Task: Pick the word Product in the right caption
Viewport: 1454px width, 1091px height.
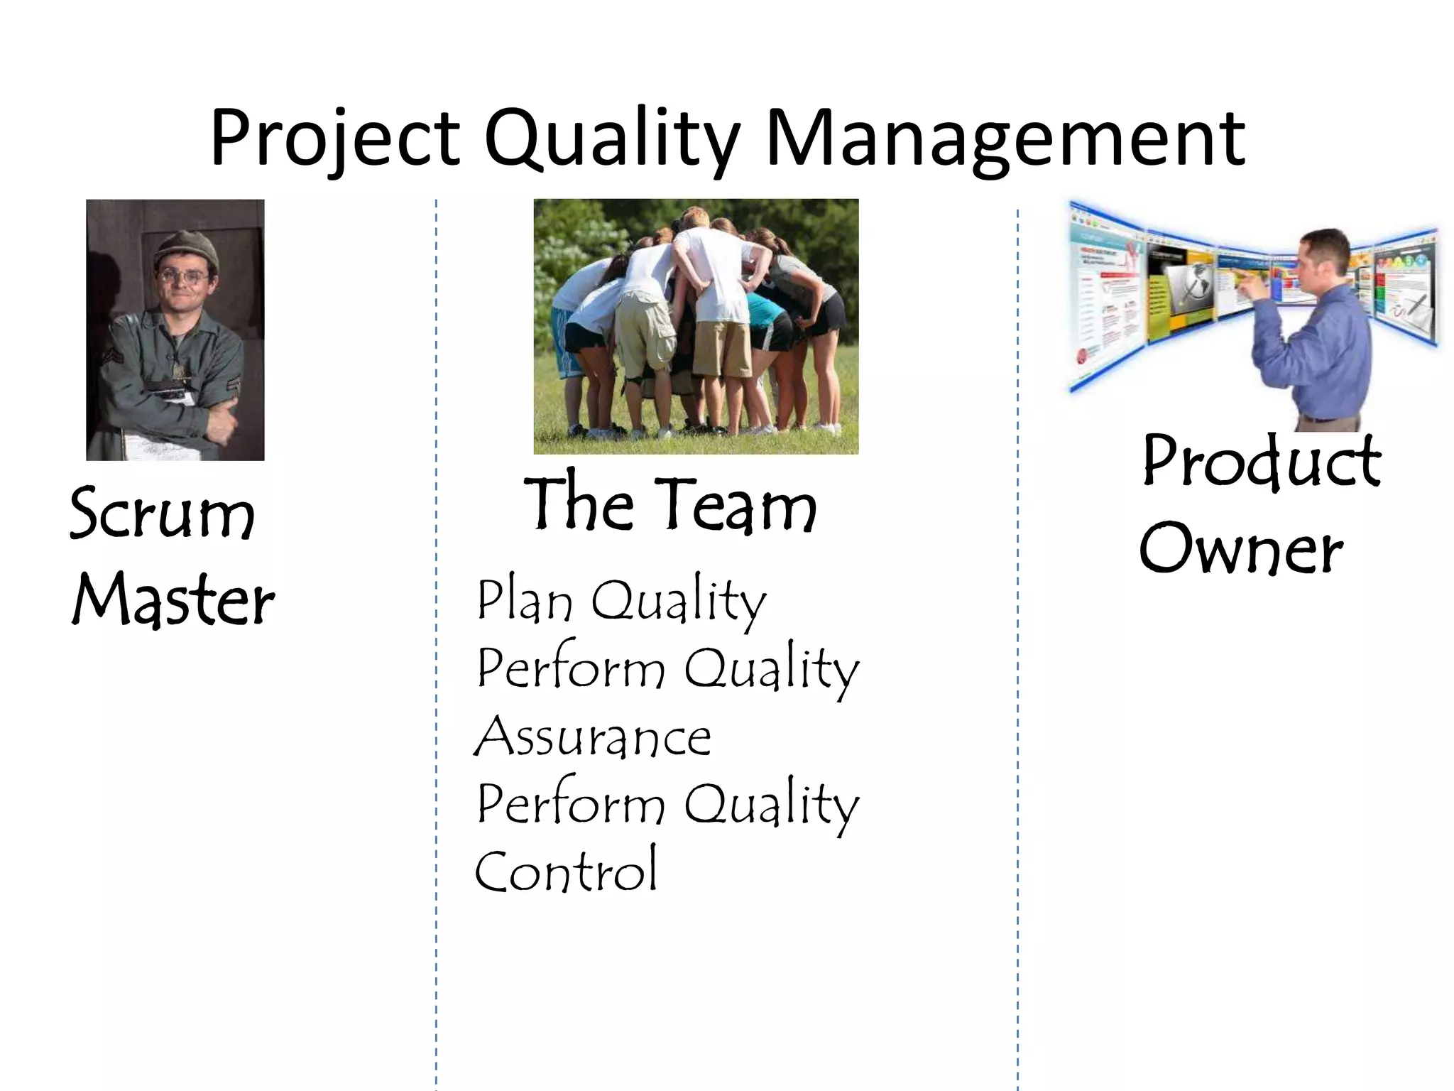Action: point(1262,462)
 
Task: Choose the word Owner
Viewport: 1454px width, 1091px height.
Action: point(1241,548)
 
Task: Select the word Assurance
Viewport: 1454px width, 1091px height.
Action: point(593,737)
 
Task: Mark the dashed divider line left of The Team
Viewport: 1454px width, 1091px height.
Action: point(436,639)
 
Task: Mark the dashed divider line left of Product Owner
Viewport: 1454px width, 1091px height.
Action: point(1017,639)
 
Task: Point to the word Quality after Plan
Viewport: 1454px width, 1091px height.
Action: point(679,601)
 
